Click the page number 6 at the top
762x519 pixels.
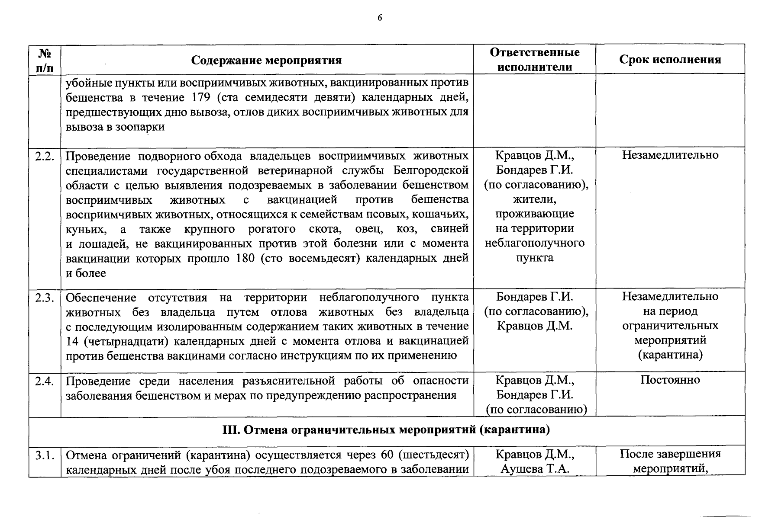[380, 18]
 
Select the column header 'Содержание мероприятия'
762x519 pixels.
[266, 60]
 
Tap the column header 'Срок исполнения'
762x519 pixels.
[670, 60]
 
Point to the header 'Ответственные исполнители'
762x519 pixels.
[535, 60]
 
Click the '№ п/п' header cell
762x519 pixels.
[45, 60]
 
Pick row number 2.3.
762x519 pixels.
[45, 298]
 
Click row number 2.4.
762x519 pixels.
[45, 381]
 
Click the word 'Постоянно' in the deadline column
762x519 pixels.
[670, 380]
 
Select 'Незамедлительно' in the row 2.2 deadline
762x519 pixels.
[670, 155]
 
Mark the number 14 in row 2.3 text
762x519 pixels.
[72, 341]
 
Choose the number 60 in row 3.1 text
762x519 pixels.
[387, 455]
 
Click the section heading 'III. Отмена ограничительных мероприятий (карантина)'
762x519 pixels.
[386, 430]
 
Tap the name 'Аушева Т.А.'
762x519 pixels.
[535, 469]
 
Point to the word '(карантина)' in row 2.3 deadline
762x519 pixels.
[670, 355]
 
